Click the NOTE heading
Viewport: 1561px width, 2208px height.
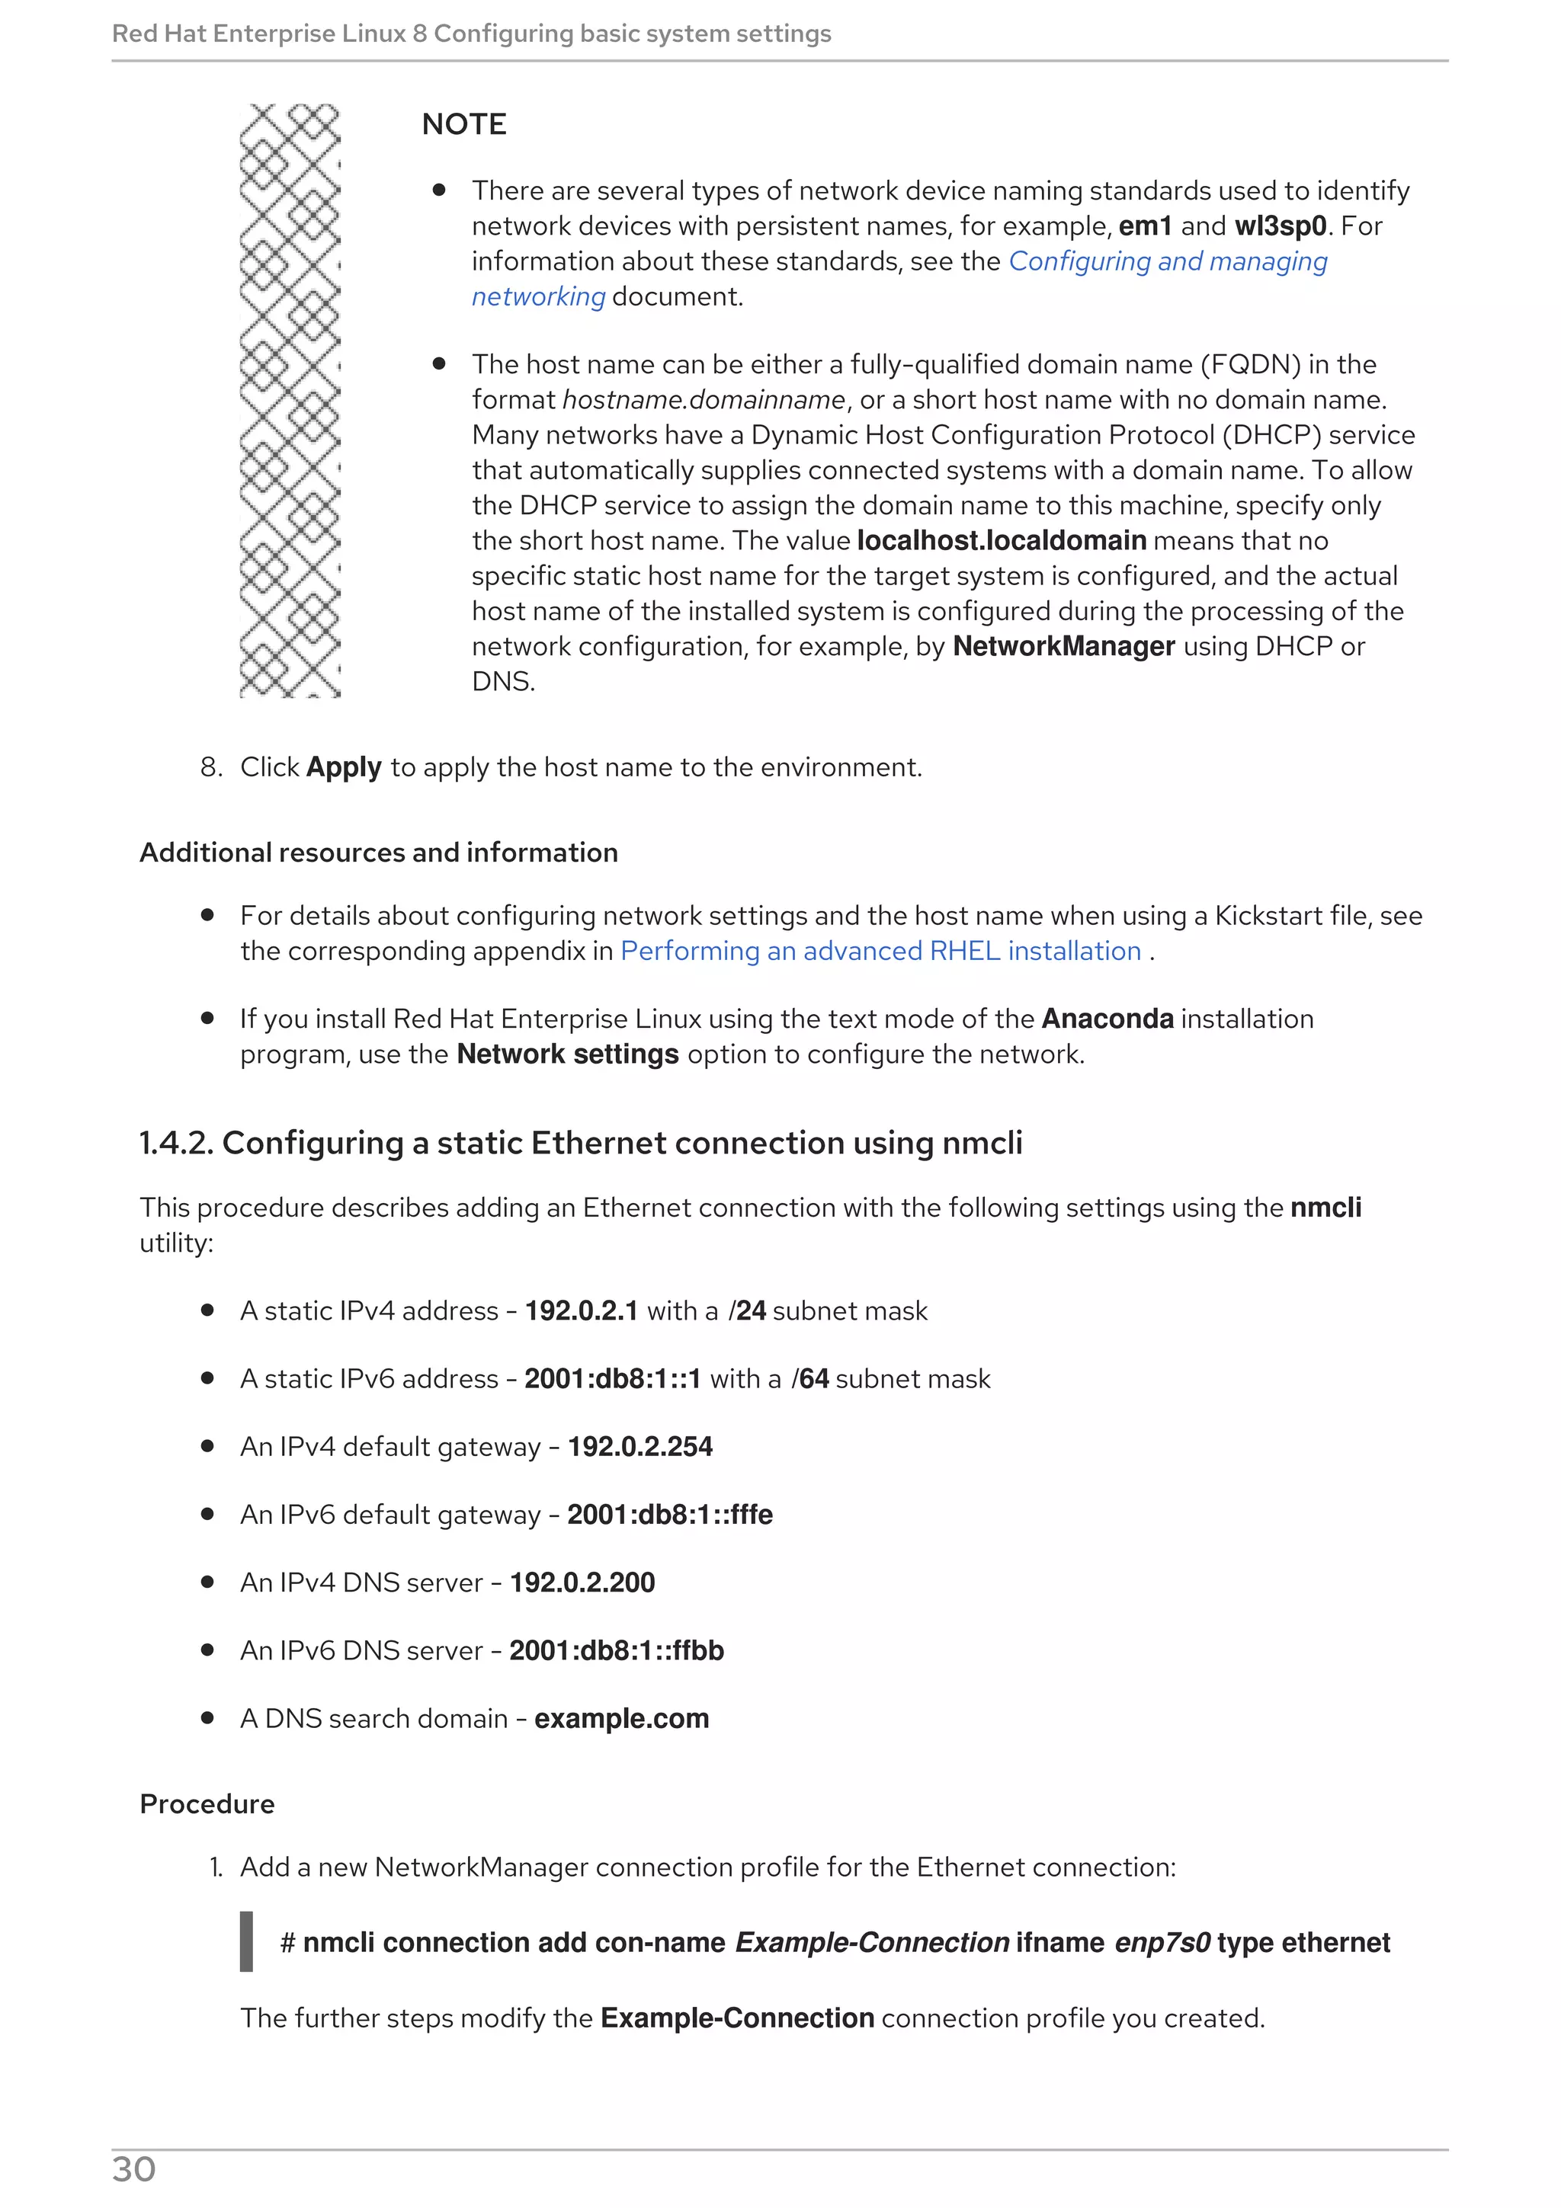coord(463,124)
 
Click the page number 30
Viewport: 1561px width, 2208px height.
coord(133,2170)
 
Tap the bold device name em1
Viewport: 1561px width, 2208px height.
coord(1145,226)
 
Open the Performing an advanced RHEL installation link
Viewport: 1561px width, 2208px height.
coord(880,951)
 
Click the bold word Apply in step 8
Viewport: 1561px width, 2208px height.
coord(343,767)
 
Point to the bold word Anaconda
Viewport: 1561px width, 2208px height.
coord(1107,1019)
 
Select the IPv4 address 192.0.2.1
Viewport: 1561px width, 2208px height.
coord(581,1310)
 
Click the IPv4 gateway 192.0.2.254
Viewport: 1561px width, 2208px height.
coord(639,1446)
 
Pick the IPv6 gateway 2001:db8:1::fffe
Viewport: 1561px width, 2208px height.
coord(669,1515)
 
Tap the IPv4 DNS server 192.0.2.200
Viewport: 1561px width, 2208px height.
coord(582,1582)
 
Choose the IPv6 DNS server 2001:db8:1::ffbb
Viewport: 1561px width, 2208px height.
coord(616,1650)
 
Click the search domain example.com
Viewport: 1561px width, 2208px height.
coord(621,1719)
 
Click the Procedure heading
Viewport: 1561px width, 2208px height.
coord(207,1804)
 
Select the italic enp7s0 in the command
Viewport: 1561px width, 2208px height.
coord(1162,1943)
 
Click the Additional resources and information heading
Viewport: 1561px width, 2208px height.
coord(378,853)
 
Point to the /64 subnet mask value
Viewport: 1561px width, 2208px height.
coord(809,1379)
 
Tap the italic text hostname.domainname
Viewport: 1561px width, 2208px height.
coord(703,400)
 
